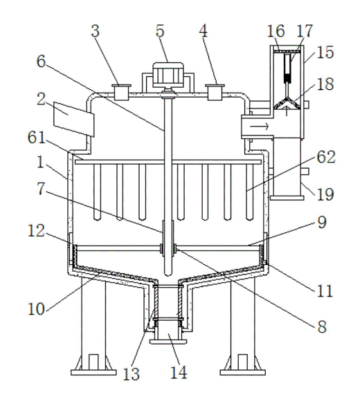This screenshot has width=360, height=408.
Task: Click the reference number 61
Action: [x=36, y=138]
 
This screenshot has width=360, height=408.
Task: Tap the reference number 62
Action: [x=325, y=157]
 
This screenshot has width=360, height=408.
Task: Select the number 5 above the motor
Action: [x=160, y=31]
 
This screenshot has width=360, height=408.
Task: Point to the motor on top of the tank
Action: [x=168, y=75]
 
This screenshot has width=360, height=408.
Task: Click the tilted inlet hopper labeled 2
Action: [x=73, y=119]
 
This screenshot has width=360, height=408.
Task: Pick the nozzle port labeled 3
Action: [x=121, y=92]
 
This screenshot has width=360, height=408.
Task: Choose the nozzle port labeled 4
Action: [x=215, y=92]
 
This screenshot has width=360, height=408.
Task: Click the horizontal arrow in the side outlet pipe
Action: [x=259, y=127]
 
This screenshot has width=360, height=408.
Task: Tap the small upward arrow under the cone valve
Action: [x=287, y=111]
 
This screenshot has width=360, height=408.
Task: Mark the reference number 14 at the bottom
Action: [x=179, y=372]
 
